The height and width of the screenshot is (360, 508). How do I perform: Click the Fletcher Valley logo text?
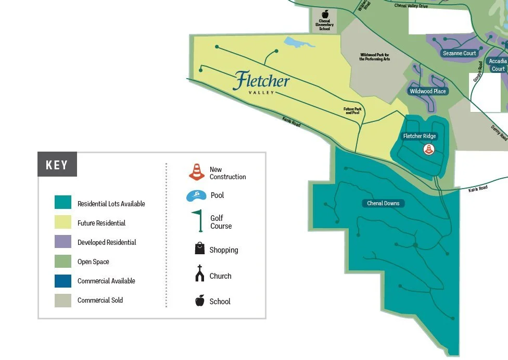pyautogui.click(x=261, y=82)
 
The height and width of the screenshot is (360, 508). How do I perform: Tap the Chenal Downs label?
pyautogui.click(x=383, y=203)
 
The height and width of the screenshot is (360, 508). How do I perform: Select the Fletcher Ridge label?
pyautogui.click(x=420, y=136)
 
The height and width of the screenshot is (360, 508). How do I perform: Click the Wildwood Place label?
pyautogui.click(x=428, y=91)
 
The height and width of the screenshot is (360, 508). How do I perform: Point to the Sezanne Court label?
pyautogui.click(x=460, y=53)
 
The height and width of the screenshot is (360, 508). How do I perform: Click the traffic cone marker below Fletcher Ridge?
pyautogui.click(x=428, y=150)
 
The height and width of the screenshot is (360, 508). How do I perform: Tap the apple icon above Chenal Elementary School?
pyautogui.click(x=325, y=14)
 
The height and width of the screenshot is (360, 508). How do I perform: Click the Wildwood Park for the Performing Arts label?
pyautogui.click(x=374, y=57)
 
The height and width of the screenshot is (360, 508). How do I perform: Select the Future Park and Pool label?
pyautogui.click(x=352, y=111)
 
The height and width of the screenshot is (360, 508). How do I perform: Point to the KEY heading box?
pyautogui.click(x=57, y=165)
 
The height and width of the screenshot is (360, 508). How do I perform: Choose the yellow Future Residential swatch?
pyautogui.click(x=63, y=222)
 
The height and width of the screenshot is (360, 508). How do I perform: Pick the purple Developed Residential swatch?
pyautogui.click(x=63, y=242)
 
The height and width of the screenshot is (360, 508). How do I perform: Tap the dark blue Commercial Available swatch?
pyautogui.click(x=63, y=280)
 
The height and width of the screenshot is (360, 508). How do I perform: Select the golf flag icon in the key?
pyautogui.click(x=198, y=220)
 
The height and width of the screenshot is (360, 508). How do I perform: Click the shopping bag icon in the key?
pyautogui.click(x=200, y=249)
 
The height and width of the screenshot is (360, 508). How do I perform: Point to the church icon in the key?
pyautogui.click(x=200, y=274)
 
